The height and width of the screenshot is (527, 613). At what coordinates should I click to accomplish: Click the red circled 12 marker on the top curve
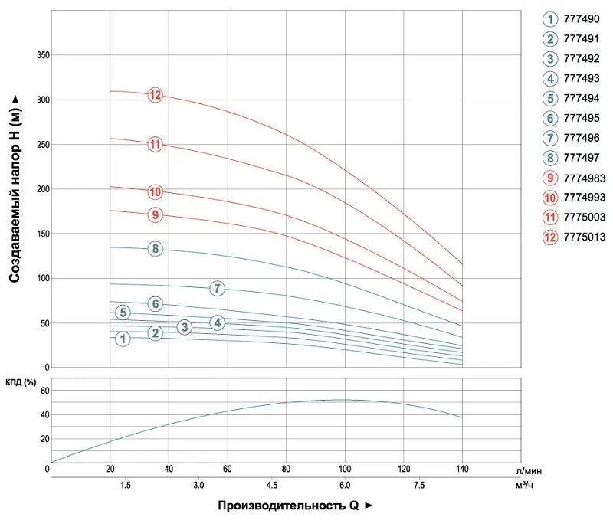pyautogui.click(x=156, y=95)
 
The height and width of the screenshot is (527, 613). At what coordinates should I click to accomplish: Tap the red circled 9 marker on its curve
pyautogui.click(x=156, y=215)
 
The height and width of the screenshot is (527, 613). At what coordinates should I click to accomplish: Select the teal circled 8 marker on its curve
pyautogui.click(x=156, y=248)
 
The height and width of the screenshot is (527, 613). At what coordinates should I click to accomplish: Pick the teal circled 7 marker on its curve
pyautogui.click(x=218, y=289)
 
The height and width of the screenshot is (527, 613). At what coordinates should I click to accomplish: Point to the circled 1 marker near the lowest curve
pyautogui.click(x=123, y=339)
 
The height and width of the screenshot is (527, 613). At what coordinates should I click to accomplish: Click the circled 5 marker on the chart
pyautogui.click(x=123, y=312)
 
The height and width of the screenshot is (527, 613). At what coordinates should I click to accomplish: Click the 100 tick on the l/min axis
pyautogui.click(x=345, y=468)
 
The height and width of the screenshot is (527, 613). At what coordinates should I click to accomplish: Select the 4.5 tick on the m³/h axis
pyautogui.click(x=287, y=486)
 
